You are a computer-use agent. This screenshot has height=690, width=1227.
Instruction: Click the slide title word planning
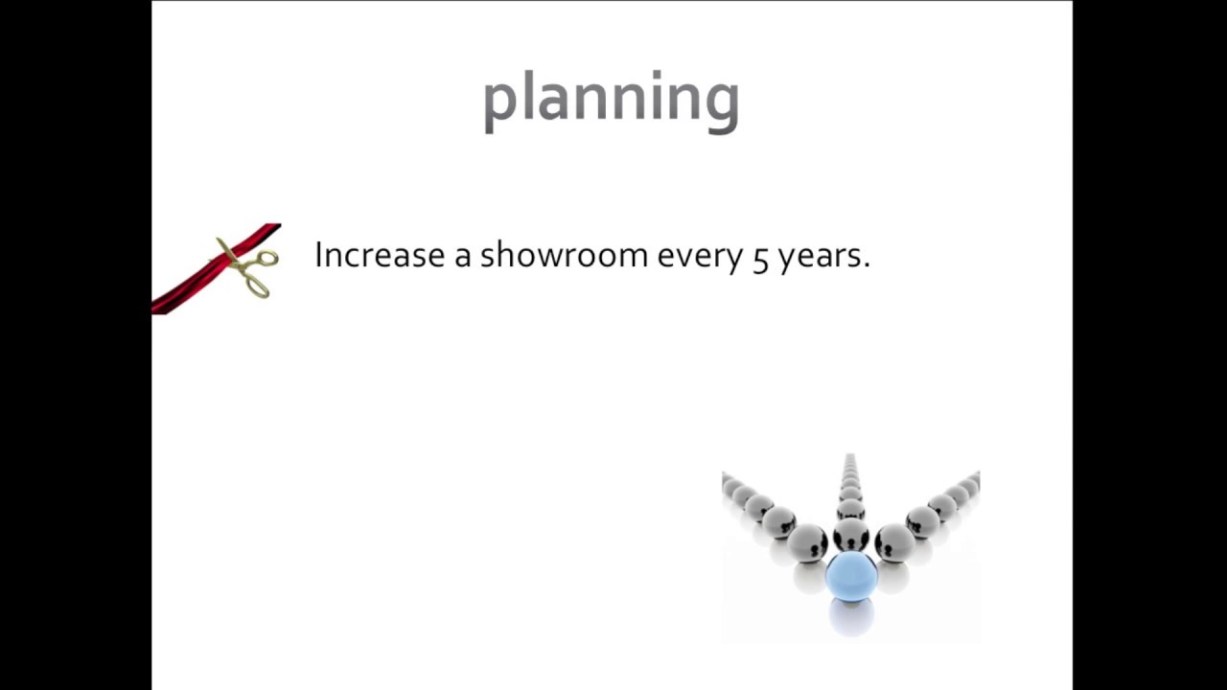point(612,102)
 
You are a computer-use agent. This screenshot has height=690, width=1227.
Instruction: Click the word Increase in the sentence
point(380,255)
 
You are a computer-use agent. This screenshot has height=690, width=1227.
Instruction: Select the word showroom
point(565,255)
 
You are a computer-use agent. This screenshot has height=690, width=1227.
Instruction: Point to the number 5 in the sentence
point(760,260)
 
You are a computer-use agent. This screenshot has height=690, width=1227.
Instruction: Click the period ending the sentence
point(866,265)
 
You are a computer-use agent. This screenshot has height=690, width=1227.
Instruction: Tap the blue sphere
point(851,576)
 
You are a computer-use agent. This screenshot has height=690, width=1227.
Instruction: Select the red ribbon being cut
point(217,269)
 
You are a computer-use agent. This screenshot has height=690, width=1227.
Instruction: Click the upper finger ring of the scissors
point(266,258)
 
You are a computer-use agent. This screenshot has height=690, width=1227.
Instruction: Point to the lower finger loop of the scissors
point(258,287)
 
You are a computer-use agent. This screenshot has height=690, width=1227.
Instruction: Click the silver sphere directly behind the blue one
point(850,534)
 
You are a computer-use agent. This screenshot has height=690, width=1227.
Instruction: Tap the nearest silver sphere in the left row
point(807,543)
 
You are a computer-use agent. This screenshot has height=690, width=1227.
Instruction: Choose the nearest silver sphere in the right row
point(894,543)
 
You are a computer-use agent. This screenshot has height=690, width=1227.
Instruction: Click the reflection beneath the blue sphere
point(852,618)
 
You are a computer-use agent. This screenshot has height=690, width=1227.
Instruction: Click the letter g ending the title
point(724,106)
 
